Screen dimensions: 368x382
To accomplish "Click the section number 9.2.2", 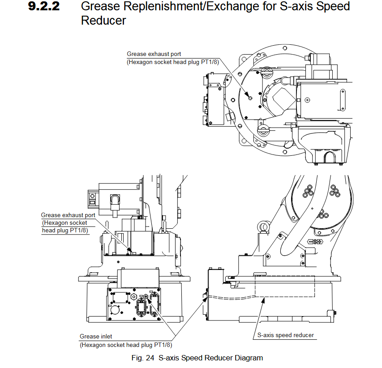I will point(44,7).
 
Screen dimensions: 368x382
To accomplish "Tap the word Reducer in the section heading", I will point(103,21).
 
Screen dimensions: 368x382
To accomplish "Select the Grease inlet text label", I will point(96,336).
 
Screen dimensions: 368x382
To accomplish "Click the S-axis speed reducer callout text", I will point(285,335).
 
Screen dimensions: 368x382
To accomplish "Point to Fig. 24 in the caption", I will point(144,358).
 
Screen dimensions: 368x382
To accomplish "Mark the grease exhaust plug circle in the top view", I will point(250,98).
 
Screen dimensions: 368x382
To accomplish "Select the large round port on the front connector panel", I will point(115,309).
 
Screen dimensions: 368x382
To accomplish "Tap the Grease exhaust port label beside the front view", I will point(68,215).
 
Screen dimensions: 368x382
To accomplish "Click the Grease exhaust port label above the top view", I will point(154,54).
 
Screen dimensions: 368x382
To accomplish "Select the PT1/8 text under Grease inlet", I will point(163,345).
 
